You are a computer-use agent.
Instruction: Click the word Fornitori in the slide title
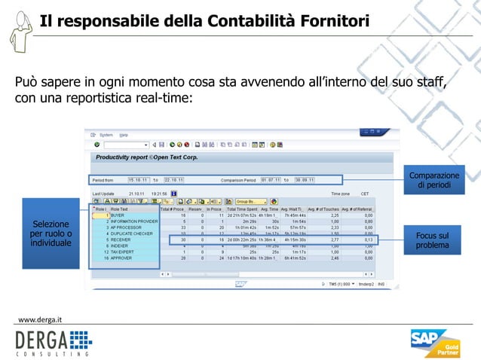tap(332, 20)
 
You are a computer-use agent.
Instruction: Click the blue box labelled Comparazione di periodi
tap(434, 180)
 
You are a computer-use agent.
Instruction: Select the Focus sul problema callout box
tap(433, 241)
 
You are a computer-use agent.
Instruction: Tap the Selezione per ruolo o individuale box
tap(51, 234)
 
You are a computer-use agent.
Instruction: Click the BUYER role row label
tap(118, 215)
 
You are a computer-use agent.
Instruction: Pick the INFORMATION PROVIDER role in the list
tap(133, 221)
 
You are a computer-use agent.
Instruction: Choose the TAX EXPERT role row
tap(123, 252)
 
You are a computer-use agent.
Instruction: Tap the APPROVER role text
tap(122, 258)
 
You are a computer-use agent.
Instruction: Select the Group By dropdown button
tap(250, 201)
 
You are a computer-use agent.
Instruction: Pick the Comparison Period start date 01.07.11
tap(272, 180)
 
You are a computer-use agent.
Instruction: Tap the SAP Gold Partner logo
tap(437, 343)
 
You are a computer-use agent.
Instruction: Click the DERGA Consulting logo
tap(53, 343)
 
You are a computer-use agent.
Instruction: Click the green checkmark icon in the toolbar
tap(97, 144)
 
